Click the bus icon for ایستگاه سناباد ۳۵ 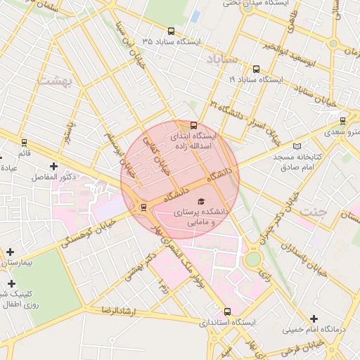172,32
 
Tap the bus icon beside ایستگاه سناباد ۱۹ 255,70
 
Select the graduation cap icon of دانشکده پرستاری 194,201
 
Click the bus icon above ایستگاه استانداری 227,311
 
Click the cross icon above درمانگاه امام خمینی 314,318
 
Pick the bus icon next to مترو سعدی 342,120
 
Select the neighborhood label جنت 311,211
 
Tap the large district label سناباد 224,60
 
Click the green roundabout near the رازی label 252,259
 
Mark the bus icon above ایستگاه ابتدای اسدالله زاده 194,125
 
